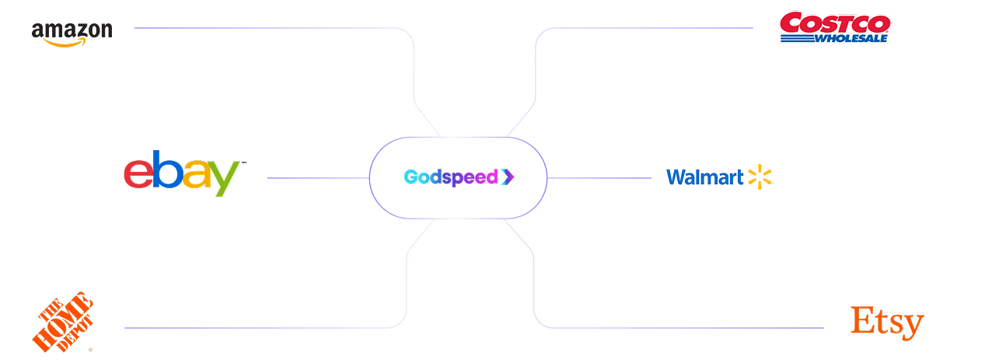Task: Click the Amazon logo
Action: (72, 33)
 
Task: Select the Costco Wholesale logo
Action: (835, 27)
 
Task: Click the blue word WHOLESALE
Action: (851, 39)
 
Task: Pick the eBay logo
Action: (183, 173)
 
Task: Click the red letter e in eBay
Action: (138, 174)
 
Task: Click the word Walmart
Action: (704, 177)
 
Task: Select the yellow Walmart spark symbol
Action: (760, 177)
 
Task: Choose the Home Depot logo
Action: (63, 322)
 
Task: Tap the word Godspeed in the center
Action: (451, 177)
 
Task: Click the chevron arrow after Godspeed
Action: (508, 177)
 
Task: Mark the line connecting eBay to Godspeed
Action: (318, 178)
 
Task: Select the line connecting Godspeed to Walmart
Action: (599, 178)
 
